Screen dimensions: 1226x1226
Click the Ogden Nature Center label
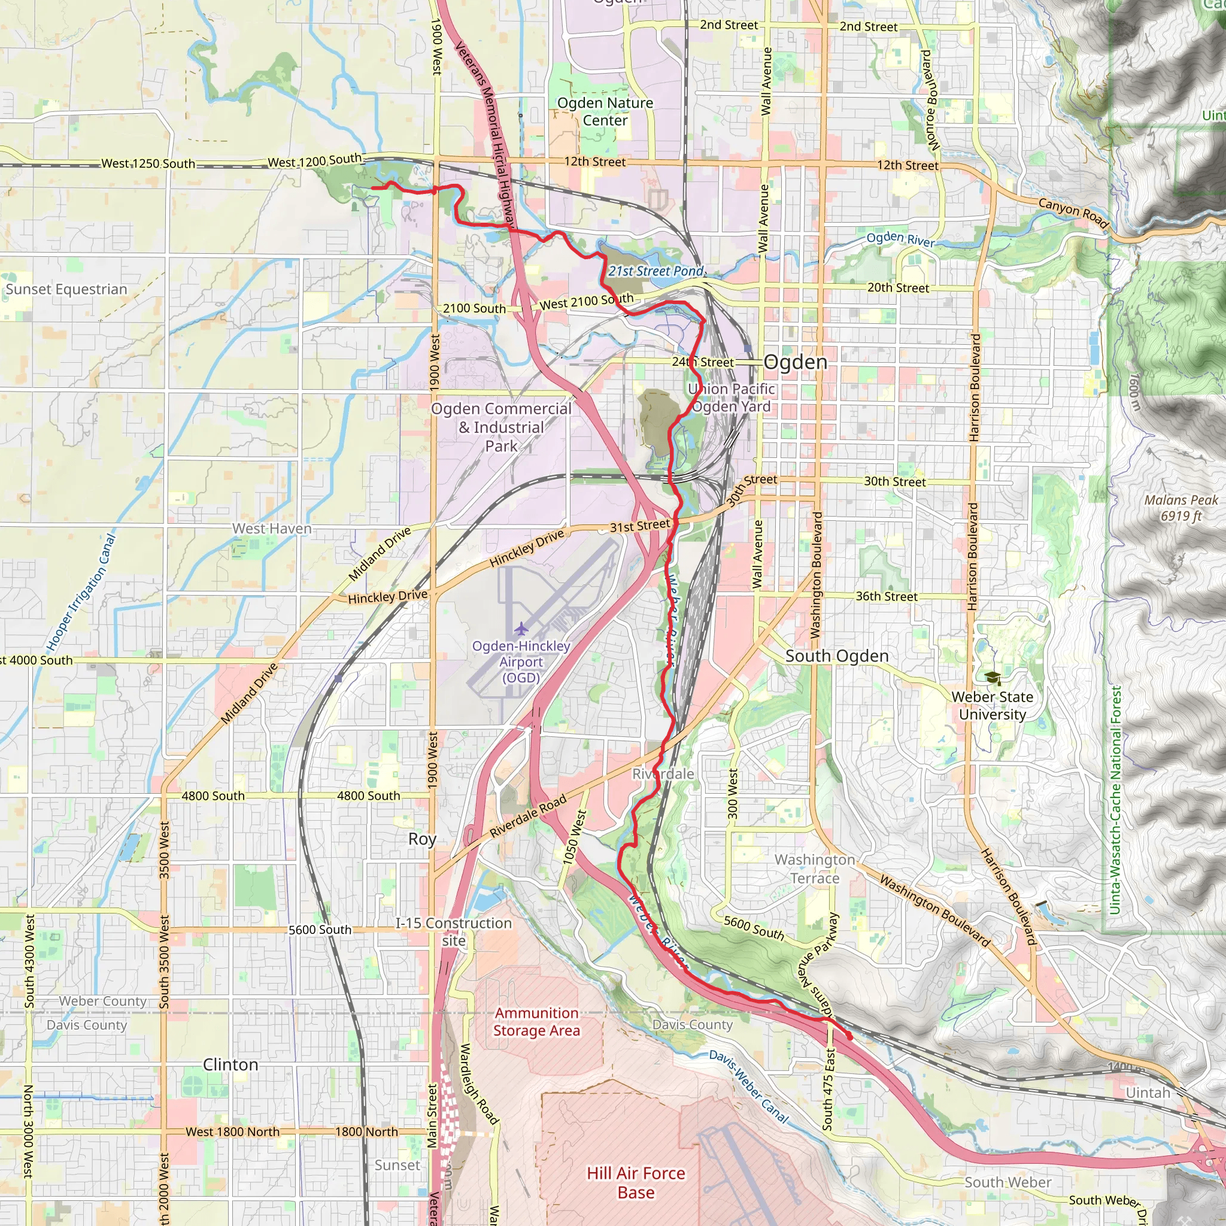[605, 112]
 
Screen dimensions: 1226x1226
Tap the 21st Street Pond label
[656, 271]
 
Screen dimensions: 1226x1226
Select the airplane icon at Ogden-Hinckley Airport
[521, 629]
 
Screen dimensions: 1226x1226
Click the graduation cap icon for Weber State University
[993, 678]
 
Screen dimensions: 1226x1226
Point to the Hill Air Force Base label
[636, 1182]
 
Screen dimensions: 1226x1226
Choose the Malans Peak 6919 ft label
[1181, 508]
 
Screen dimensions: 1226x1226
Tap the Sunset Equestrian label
[66, 289]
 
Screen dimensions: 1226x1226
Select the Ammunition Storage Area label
[536, 1022]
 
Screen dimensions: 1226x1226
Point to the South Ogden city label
[836, 656]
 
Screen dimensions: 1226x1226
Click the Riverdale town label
[663, 773]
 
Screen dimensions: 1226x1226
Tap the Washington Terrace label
[815, 869]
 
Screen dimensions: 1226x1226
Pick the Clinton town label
[230, 1064]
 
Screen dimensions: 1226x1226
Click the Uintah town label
[1148, 1092]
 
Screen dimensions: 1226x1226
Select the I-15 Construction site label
[454, 931]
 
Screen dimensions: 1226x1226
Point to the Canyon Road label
[1073, 213]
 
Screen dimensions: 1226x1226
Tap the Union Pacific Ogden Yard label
[732, 397]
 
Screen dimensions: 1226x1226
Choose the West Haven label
[272, 529]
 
